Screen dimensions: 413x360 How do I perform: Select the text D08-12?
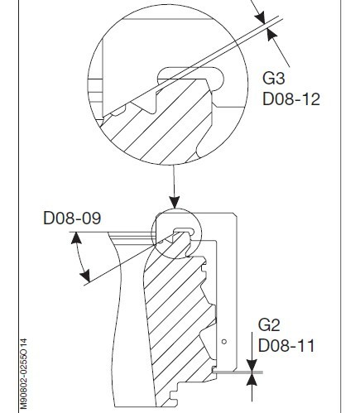(x=290, y=99)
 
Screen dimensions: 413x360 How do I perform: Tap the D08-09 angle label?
(x=71, y=219)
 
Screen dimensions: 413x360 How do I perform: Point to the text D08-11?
(x=286, y=344)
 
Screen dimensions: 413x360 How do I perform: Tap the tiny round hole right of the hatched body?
(x=224, y=341)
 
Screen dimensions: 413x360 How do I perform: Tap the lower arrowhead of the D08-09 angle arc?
(x=87, y=279)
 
